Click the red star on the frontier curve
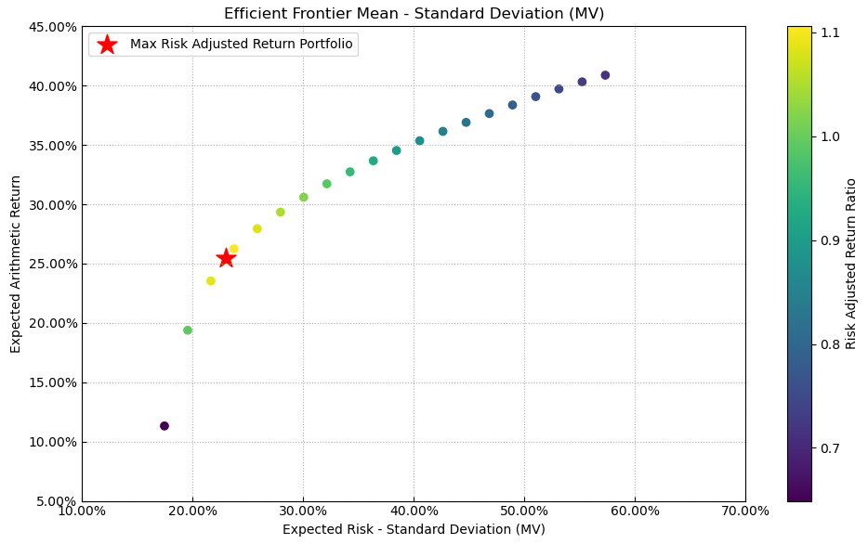(226, 258)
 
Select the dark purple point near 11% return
(164, 426)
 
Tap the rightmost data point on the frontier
(605, 75)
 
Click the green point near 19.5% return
(188, 330)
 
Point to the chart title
(414, 14)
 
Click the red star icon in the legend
(107, 45)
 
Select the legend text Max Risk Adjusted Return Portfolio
(241, 45)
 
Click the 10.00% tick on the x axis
(82, 511)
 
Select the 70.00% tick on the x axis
(744, 511)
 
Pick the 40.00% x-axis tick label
(414, 511)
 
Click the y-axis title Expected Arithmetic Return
(16, 264)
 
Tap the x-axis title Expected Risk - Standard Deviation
(414, 530)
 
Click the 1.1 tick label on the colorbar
(830, 32)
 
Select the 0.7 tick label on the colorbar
(830, 448)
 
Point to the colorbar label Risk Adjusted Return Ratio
(851, 264)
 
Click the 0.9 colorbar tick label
(830, 240)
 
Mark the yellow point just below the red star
(211, 281)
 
